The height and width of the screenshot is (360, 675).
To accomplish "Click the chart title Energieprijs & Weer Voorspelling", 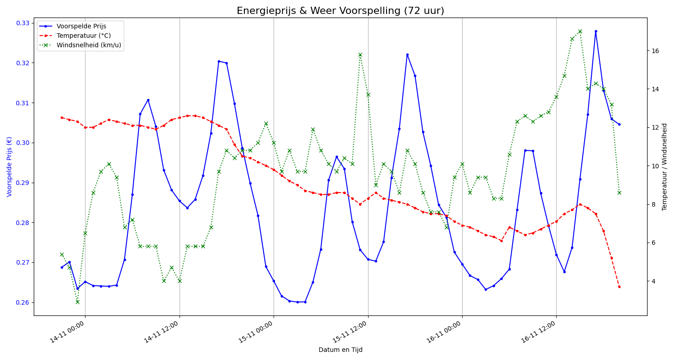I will point(340,11).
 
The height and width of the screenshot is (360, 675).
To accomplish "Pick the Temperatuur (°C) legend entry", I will point(83,36).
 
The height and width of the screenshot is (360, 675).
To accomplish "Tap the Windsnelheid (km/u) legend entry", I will point(90,45).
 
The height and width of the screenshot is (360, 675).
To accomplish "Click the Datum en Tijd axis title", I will point(340,350).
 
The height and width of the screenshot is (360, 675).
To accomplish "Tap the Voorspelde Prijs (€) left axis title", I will point(9,166).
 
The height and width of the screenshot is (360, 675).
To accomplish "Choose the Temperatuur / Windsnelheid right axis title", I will point(665,166).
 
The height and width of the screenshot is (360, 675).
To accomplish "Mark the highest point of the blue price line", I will point(596,31).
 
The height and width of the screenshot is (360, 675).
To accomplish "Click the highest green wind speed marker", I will point(580,31).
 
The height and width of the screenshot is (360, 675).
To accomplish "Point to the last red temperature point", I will point(619,287).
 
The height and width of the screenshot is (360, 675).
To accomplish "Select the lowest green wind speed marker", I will point(77,302).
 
